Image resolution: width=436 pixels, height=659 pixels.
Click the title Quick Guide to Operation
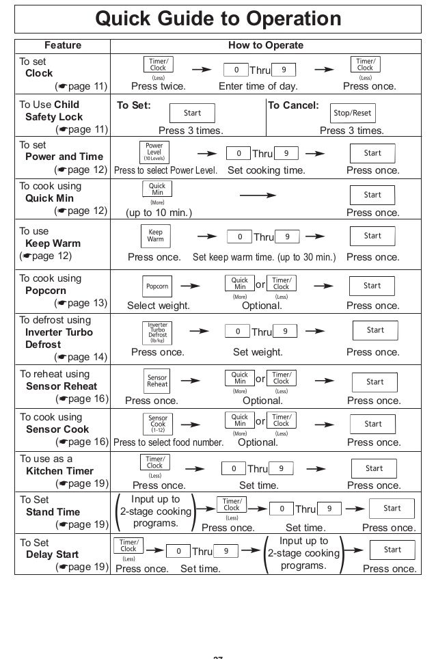coord(218,18)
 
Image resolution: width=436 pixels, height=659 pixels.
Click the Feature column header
coord(62,46)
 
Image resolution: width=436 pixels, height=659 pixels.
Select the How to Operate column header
coord(266,46)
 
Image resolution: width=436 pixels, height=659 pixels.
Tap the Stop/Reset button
coord(352,113)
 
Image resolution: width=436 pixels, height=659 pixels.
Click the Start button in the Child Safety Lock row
coord(193,113)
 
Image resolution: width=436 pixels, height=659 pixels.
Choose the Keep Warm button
coord(156,237)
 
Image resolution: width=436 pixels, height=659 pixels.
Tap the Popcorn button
coord(156,286)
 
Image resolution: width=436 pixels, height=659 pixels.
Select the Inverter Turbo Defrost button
coord(157,331)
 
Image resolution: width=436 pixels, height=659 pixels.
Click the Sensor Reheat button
coord(157,381)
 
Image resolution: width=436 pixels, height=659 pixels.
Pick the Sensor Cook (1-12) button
coord(158,423)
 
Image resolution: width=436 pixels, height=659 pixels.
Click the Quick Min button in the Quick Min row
coord(157,189)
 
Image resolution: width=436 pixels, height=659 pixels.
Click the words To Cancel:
coord(292,105)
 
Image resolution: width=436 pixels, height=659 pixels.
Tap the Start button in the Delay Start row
coord(392,550)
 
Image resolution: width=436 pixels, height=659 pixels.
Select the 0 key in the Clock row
coord(236,70)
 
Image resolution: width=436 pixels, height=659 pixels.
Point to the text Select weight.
coord(159,306)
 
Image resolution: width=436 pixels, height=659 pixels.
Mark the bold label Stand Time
coord(53,512)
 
